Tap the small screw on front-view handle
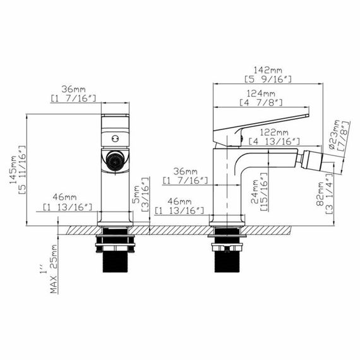click(115, 136)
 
